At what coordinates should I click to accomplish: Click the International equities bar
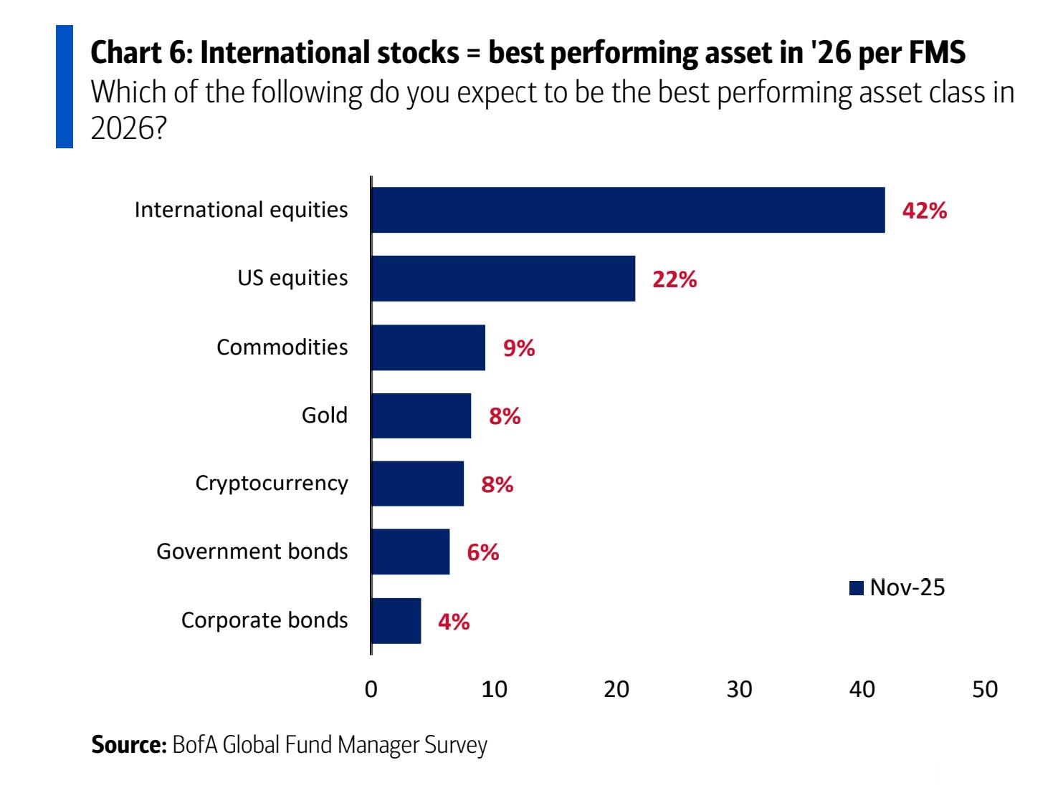628,210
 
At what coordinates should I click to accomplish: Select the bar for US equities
503,278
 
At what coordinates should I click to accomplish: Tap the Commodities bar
428,347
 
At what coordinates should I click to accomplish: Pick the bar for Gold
421,415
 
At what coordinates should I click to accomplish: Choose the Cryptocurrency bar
417,484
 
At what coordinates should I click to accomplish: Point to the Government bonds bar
410,552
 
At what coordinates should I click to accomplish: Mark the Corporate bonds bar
396,620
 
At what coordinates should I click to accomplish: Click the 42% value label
925,211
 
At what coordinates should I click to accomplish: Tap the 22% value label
675,279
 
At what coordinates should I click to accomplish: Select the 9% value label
519,348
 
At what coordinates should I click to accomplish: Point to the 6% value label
483,552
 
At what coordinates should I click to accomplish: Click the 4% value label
454,621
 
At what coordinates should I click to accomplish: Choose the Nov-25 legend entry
897,587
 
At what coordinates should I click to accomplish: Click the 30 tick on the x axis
739,689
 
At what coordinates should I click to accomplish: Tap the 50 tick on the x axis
985,689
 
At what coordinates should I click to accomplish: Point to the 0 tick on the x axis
371,689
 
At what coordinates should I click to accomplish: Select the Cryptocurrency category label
272,484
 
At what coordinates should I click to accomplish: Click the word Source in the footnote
128,745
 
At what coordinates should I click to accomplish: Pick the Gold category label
324,415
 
